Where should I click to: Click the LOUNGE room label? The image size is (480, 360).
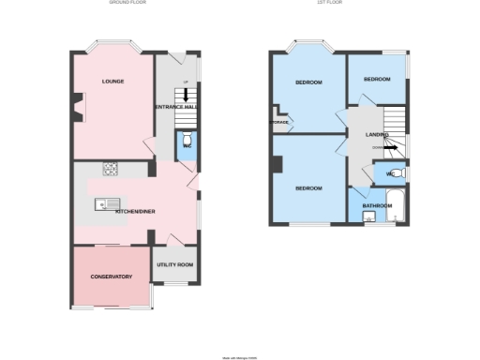[x=113, y=82]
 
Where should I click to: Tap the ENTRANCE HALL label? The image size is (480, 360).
[x=176, y=108]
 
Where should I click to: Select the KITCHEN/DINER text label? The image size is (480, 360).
[x=135, y=212]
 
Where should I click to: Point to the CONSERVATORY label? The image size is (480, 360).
[x=111, y=277]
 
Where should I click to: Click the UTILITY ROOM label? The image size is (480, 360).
[x=175, y=265]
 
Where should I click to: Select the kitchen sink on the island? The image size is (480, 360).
[x=101, y=203]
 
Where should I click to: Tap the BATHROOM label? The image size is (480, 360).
[x=377, y=205]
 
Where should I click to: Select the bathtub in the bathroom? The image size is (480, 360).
[x=397, y=207]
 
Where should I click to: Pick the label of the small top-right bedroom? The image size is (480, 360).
[x=377, y=80]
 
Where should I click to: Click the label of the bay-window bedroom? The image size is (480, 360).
[x=308, y=82]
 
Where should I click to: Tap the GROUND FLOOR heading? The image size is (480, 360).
[x=127, y=3]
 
